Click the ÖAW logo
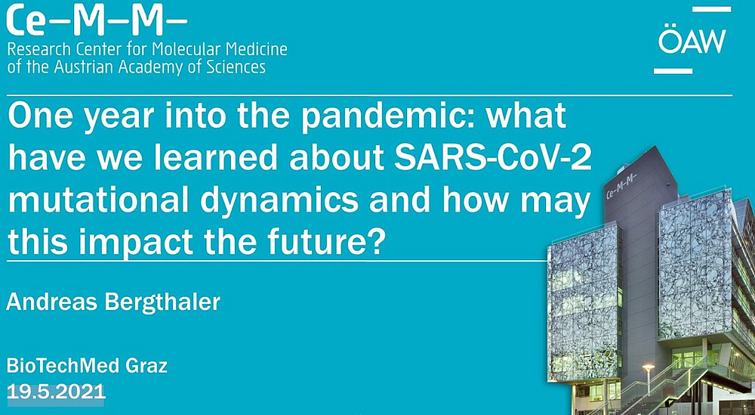pos(692,40)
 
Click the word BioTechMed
pos(62,367)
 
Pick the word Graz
pos(146,367)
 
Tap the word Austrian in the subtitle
pos(81,67)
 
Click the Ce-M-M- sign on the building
pos(621,186)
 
